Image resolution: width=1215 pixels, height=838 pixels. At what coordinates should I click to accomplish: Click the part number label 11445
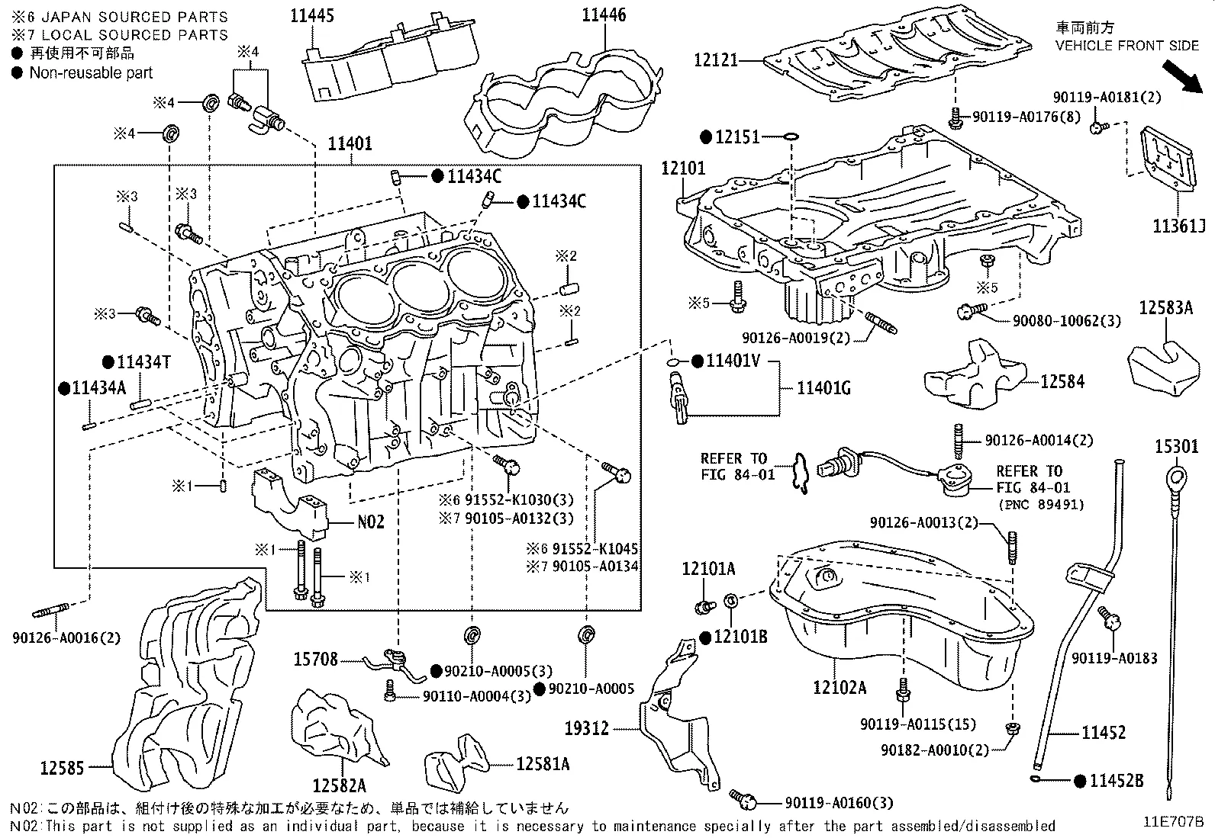311,15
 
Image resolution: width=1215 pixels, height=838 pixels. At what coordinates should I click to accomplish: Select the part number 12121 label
716,59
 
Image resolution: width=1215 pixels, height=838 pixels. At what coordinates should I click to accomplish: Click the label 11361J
1179,226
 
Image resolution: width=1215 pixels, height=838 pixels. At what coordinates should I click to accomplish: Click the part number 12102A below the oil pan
840,687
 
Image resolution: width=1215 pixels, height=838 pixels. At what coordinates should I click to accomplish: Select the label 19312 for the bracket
586,728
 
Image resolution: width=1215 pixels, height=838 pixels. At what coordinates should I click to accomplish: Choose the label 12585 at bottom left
61,768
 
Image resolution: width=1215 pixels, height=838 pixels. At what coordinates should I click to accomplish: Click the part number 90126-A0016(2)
66,638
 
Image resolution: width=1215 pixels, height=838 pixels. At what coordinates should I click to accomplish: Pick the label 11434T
142,362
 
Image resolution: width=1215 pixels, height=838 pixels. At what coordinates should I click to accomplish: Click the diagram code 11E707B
1172,822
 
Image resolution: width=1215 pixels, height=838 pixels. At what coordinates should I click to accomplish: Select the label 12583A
1165,308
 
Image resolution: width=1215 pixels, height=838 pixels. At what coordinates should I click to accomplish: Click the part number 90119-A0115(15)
917,724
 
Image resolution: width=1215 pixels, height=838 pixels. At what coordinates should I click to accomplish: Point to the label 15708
315,658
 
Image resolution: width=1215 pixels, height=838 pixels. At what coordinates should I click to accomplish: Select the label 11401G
823,389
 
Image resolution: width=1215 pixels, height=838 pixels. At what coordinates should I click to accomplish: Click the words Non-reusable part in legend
91,73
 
